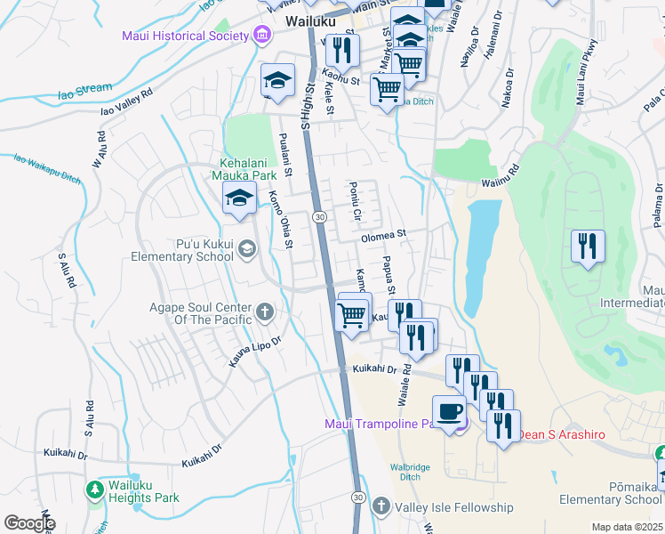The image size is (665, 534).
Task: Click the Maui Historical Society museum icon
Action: (x=262, y=36)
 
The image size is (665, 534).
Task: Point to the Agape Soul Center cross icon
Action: (x=264, y=312)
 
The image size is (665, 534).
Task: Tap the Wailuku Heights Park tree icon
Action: (x=95, y=489)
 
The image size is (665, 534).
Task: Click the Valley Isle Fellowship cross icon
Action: (x=381, y=507)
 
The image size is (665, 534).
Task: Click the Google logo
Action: (x=28, y=523)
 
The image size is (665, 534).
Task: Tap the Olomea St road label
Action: (x=383, y=236)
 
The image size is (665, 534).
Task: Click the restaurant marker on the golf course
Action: (x=588, y=246)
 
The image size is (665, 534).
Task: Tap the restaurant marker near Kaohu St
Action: (x=339, y=50)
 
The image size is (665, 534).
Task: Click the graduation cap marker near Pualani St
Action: (x=277, y=80)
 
